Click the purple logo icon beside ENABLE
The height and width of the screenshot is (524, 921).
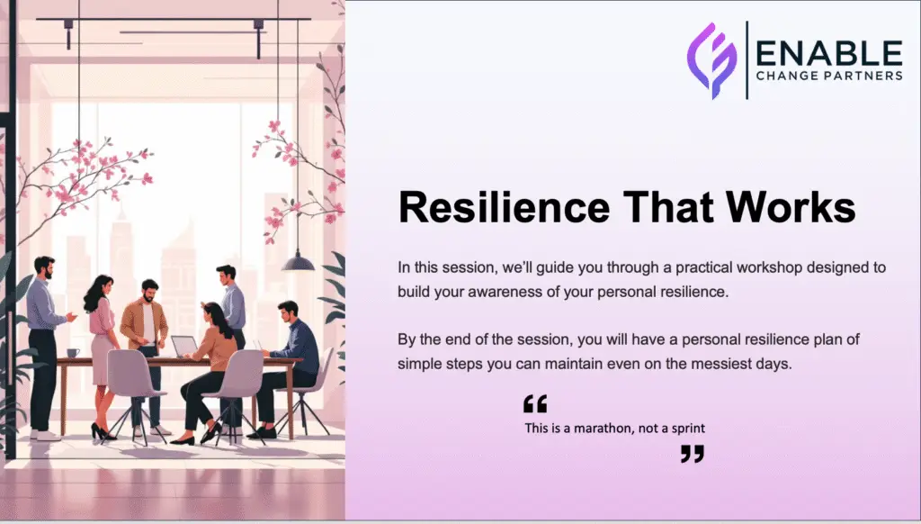711,59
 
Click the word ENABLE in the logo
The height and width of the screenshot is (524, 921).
828,52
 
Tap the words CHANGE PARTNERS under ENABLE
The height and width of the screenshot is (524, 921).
828,77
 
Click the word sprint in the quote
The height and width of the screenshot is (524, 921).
686,429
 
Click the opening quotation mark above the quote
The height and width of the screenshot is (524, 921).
534,403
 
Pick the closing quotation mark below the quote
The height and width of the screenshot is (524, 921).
692,454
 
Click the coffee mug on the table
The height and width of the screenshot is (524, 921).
73,352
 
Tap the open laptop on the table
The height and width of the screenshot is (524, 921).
184,346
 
